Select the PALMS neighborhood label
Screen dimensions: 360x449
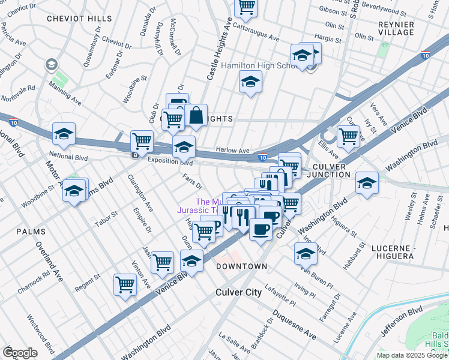tap(31, 231)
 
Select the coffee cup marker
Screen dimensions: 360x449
tap(260, 230)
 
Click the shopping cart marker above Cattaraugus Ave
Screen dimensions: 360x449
tap(246, 6)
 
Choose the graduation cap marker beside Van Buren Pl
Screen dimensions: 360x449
tap(306, 254)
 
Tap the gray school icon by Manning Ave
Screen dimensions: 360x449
tap(52, 64)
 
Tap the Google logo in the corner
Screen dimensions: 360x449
tap(20, 352)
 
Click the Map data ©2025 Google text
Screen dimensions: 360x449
tap(412, 355)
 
